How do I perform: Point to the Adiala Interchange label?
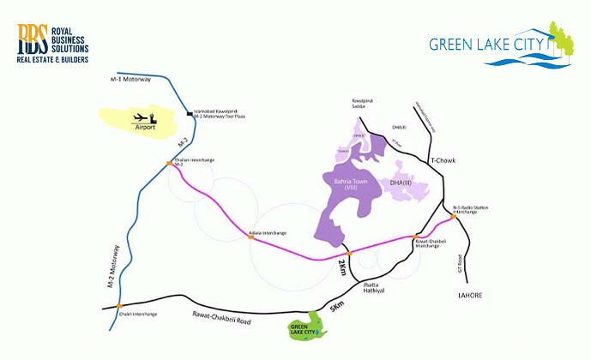[267, 232]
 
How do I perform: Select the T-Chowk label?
[443, 160]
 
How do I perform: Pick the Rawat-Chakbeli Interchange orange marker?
[416, 237]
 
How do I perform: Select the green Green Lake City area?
[305, 327]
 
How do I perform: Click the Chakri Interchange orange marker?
[120, 306]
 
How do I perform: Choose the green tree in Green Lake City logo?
[562, 39]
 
